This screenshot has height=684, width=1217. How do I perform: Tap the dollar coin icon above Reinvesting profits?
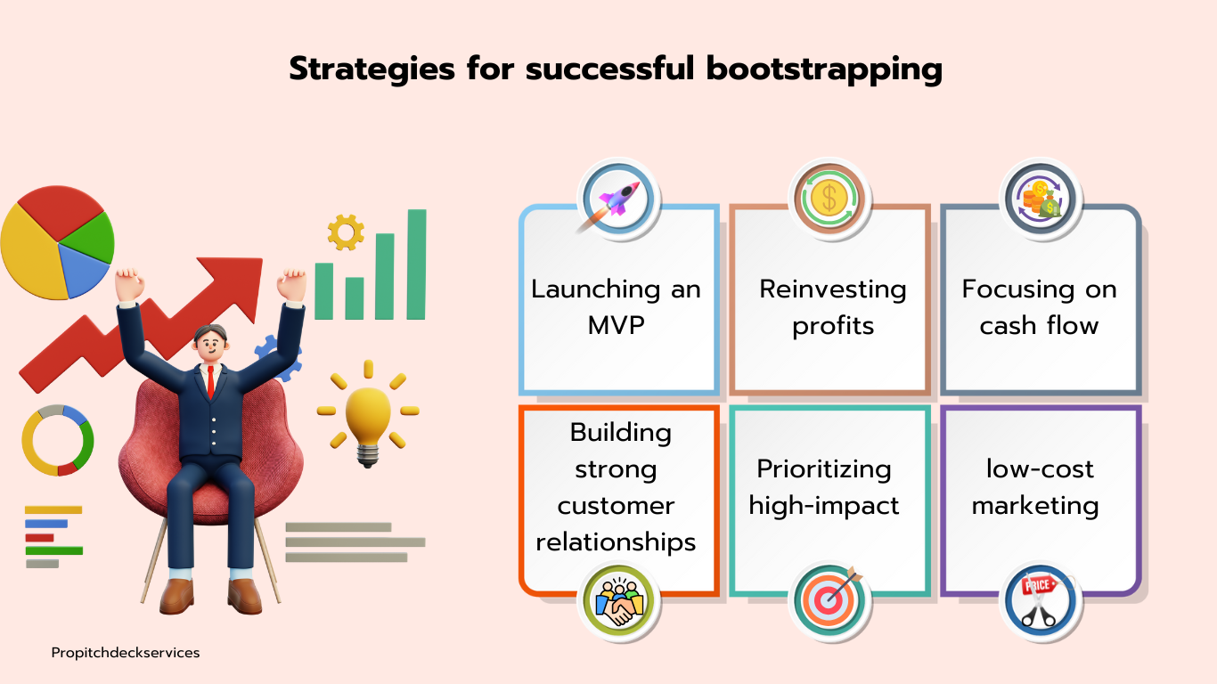click(x=830, y=199)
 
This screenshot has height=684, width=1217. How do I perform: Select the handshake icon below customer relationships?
click(x=618, y=602)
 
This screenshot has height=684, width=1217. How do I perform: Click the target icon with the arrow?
click(x=830, y=600)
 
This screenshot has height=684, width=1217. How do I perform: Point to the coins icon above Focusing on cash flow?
click(x=1041, y=199)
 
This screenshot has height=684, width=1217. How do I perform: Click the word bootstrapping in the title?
click(x=825, y=69)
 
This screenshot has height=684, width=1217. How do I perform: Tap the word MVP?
click(x=616, y=325)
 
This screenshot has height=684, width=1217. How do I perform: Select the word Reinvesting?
click(x=832, y=289)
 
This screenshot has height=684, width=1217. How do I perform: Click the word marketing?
click(x=1035, y=506)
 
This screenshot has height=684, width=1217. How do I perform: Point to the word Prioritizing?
click(x=824, y=468)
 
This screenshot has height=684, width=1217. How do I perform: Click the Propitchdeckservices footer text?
click(x=126, y=653)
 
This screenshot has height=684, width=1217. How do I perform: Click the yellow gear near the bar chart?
click(x=346, y=232)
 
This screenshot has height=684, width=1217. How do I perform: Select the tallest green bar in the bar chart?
click(x=416, y=264)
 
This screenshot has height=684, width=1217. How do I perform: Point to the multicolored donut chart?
click(x=58, y=440)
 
